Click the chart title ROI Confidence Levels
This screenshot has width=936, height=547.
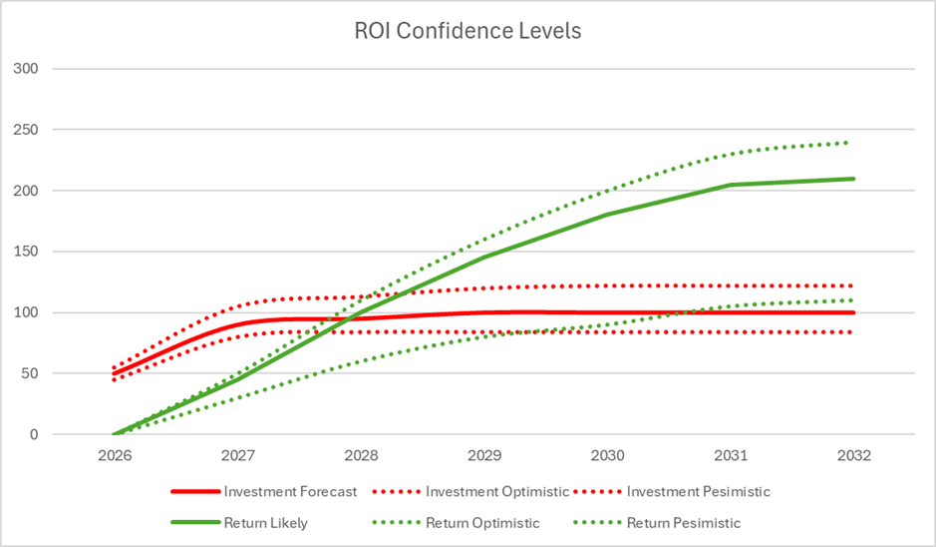(468, 31)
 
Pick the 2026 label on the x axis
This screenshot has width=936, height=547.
(114, 456)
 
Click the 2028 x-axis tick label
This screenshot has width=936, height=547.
(361, 456)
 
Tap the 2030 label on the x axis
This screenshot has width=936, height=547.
(608, 456)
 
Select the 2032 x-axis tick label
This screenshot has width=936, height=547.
(854, 456)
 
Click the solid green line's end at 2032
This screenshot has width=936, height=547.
(854, 179)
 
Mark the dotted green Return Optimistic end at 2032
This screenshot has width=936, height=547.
(848, 143)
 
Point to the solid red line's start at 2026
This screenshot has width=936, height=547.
(114, 374)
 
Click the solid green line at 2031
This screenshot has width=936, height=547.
(731, 185)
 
